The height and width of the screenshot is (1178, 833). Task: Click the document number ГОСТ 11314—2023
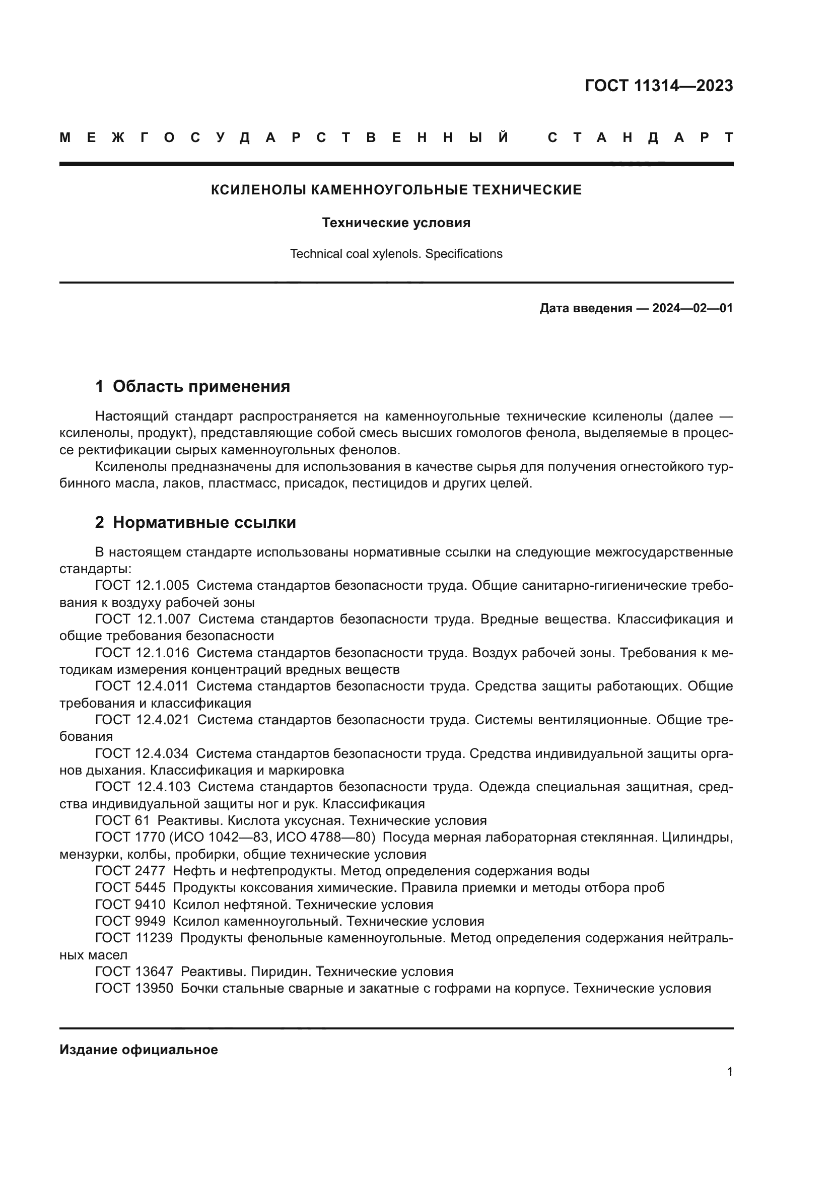tap(659, 85)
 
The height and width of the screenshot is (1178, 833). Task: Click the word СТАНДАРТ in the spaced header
tap(641, 137)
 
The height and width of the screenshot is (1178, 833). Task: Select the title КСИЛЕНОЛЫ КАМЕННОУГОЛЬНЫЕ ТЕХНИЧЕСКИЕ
tap(396, 190)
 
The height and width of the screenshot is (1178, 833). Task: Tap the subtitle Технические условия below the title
tap(396, 223)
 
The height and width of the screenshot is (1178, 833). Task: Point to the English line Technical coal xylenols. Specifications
tap(396, 253)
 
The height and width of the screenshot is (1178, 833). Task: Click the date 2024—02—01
tap(692, 308)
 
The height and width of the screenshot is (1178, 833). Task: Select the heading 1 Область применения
tap(193, 386)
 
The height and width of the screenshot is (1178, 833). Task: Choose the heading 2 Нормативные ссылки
tap(195, 522)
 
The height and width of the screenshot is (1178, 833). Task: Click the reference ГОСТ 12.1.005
tap(142, 585)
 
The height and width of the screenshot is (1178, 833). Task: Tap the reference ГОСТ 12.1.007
tap(143, 619)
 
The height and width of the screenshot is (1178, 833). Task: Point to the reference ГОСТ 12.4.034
tap(142, 753)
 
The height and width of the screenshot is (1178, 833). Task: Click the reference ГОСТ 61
tap(122, 820)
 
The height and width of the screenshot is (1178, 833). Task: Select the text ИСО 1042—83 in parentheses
tap(226, 838)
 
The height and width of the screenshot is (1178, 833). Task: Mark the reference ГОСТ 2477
tap(130, 871)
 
